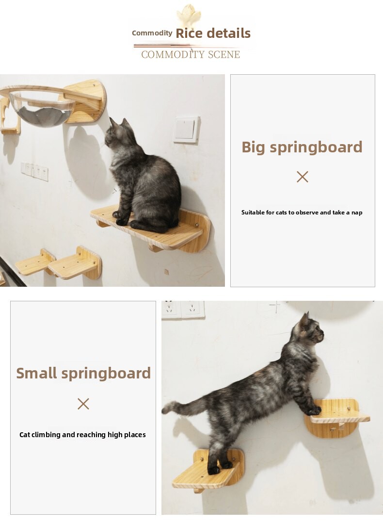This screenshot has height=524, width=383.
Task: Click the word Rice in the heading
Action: [x=189, y=33]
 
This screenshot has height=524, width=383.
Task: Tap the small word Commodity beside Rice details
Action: [x=152, y=33]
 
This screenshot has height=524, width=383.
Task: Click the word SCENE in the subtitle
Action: [x=223, y=54]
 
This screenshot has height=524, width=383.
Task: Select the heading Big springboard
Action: [x=302, y=147]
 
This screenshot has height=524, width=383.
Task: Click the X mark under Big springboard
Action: [x=303, y=177]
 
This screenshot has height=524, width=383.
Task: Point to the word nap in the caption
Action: [x=357, y=213]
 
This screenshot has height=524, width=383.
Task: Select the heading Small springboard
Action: [x=83, y=373]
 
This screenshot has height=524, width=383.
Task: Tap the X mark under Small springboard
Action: [x=83, y=404]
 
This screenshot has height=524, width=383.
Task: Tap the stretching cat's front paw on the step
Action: [x=314, y=410]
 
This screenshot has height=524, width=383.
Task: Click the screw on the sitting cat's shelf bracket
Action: [x=197, y=226]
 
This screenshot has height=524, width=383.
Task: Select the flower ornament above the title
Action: [x=189, y=15]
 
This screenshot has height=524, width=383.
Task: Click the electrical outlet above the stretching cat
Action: [x=183, y=310]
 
